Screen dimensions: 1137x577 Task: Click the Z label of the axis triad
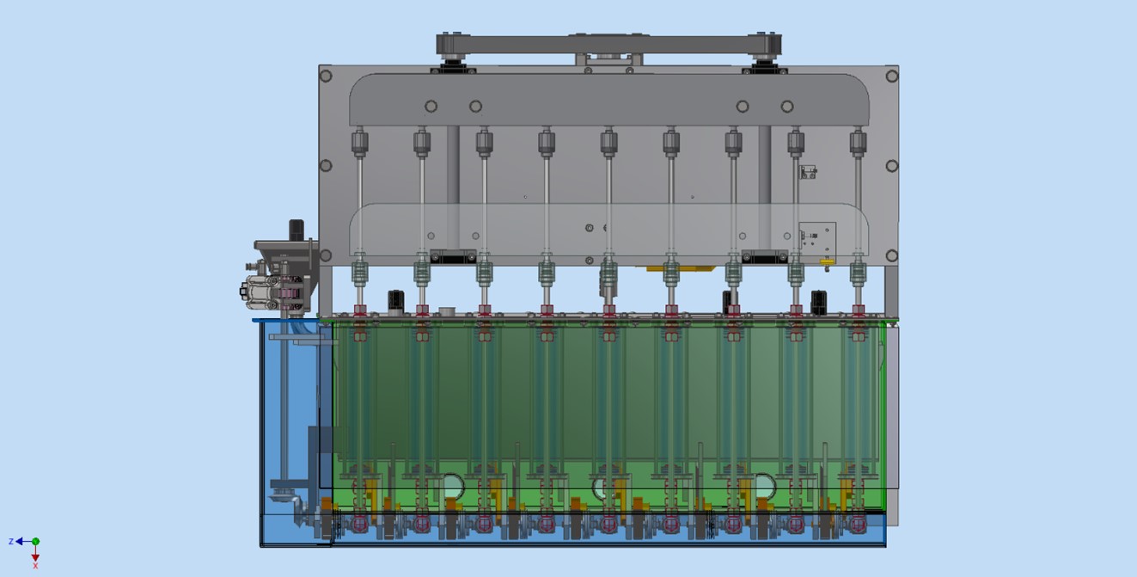(x=11, y=542)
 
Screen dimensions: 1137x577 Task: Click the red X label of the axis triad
(x=35, y=566)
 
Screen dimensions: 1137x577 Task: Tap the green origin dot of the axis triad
(x=35, y=542)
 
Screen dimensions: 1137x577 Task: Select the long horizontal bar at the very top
(x=608, y=44)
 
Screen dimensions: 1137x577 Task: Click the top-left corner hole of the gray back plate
(x=326, y=77)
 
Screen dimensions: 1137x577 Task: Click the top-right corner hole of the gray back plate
(x=892, y=77)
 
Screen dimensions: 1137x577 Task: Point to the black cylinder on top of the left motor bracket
(x=296, y=230)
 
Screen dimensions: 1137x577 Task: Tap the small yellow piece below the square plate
(x=827, y=262)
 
